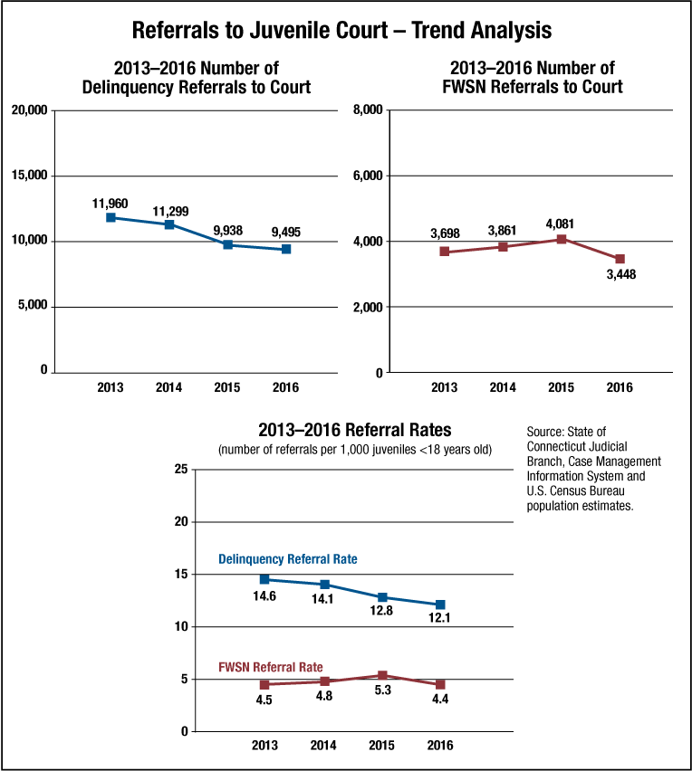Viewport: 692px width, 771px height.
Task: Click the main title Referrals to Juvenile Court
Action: (x=341, y=30)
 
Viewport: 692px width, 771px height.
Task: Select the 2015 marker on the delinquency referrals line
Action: (x=228, y=244)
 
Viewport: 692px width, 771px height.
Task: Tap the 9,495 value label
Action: (x=285, y=233)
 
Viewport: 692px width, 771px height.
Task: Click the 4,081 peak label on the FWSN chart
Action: (x=561, y=224)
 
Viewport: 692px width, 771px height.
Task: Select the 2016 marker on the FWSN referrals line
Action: (x=620, y=259)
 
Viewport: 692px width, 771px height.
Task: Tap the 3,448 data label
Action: (x=620, y=274)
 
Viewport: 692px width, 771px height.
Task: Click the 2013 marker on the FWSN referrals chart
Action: (x=444, y=252)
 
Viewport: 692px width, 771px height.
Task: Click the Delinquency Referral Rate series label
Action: (x=288, y=559)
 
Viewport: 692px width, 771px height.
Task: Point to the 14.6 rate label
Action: (x=264, y=596)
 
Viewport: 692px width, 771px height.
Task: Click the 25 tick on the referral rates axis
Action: (x=180, y=469)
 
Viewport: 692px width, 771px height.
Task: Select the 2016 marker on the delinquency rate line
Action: (x=440, y=604)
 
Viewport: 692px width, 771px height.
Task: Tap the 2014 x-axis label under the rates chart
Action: (x=323, y=746)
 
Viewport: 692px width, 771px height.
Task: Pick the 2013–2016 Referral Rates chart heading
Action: (x=354, y=430)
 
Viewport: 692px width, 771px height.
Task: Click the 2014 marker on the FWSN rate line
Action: (x=323, y=681)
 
